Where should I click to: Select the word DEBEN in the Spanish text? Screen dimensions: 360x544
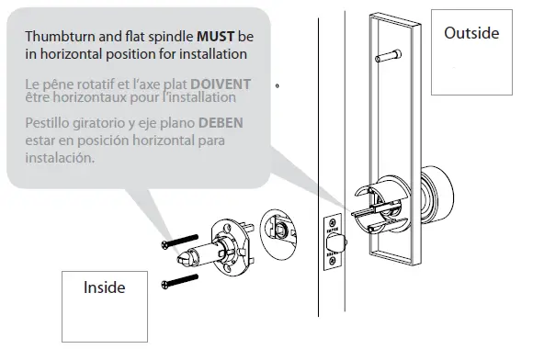pyautogui.click(x=221, y=123)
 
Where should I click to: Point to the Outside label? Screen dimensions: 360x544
pyautogui.click(x=471, y=33)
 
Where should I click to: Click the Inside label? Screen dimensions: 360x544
pyautogui.click(x=103, y=287)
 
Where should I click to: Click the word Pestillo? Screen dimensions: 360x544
pyautogui.click(x=49, y=123)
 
